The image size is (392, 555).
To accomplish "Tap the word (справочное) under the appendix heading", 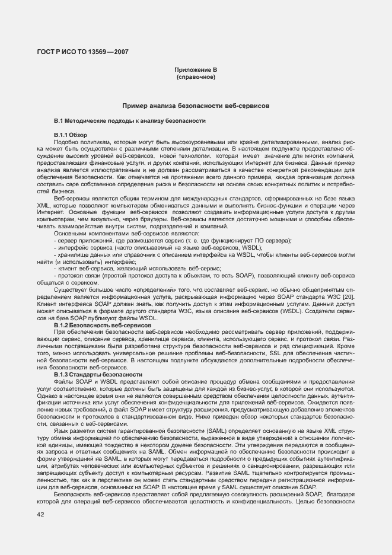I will (196, 78).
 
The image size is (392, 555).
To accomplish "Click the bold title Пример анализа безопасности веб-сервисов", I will (196, 106).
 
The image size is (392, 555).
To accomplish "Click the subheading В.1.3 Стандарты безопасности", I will (97, 375).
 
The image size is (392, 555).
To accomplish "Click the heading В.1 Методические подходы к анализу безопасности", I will (129, 121).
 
